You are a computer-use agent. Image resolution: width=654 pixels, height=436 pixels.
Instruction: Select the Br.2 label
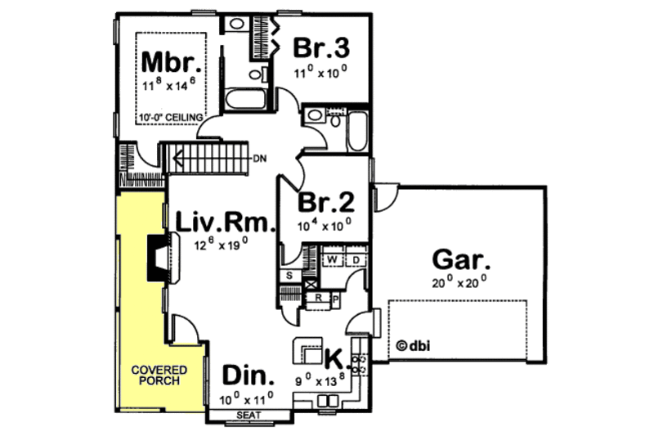[325, 202]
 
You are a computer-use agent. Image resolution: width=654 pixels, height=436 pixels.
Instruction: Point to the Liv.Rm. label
[222, 222]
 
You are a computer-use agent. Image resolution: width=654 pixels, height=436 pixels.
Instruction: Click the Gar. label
[461, 262]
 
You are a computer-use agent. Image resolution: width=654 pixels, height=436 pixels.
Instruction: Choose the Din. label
[247, 377]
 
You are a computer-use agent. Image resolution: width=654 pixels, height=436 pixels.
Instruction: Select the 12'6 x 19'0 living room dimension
[222, 243]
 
